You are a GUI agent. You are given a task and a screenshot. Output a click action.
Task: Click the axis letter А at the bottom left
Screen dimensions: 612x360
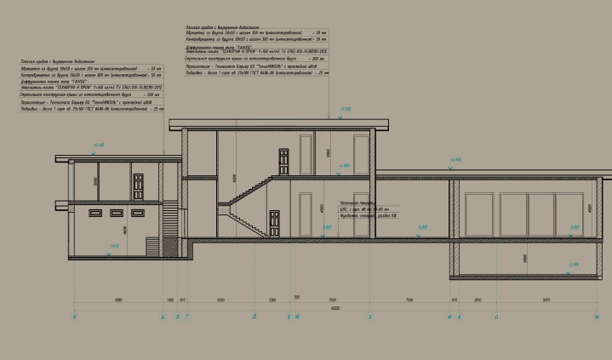click(76, 317)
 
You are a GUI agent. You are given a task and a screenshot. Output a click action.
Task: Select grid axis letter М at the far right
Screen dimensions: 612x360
click(598, 317)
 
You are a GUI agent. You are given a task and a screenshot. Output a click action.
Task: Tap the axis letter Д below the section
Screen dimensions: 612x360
click(254, 317)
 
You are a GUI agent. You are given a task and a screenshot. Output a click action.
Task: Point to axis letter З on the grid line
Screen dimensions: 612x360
click(369, 317)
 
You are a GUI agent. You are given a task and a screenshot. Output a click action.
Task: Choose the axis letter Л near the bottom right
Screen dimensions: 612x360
click(496, 317)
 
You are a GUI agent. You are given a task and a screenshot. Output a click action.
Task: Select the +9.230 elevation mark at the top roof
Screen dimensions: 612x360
click(345, 110)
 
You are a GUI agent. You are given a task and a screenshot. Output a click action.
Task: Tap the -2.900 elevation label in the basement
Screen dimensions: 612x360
click(574, 265)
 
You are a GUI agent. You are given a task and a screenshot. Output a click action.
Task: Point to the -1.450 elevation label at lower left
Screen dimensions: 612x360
click(114, 245)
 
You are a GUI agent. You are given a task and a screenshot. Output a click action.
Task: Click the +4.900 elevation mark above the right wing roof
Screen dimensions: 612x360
click(455, 159)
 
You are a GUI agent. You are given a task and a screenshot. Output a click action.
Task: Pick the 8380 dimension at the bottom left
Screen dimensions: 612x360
click(118, 300)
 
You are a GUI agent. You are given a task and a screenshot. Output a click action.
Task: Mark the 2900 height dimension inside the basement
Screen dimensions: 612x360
click(503, 257)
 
